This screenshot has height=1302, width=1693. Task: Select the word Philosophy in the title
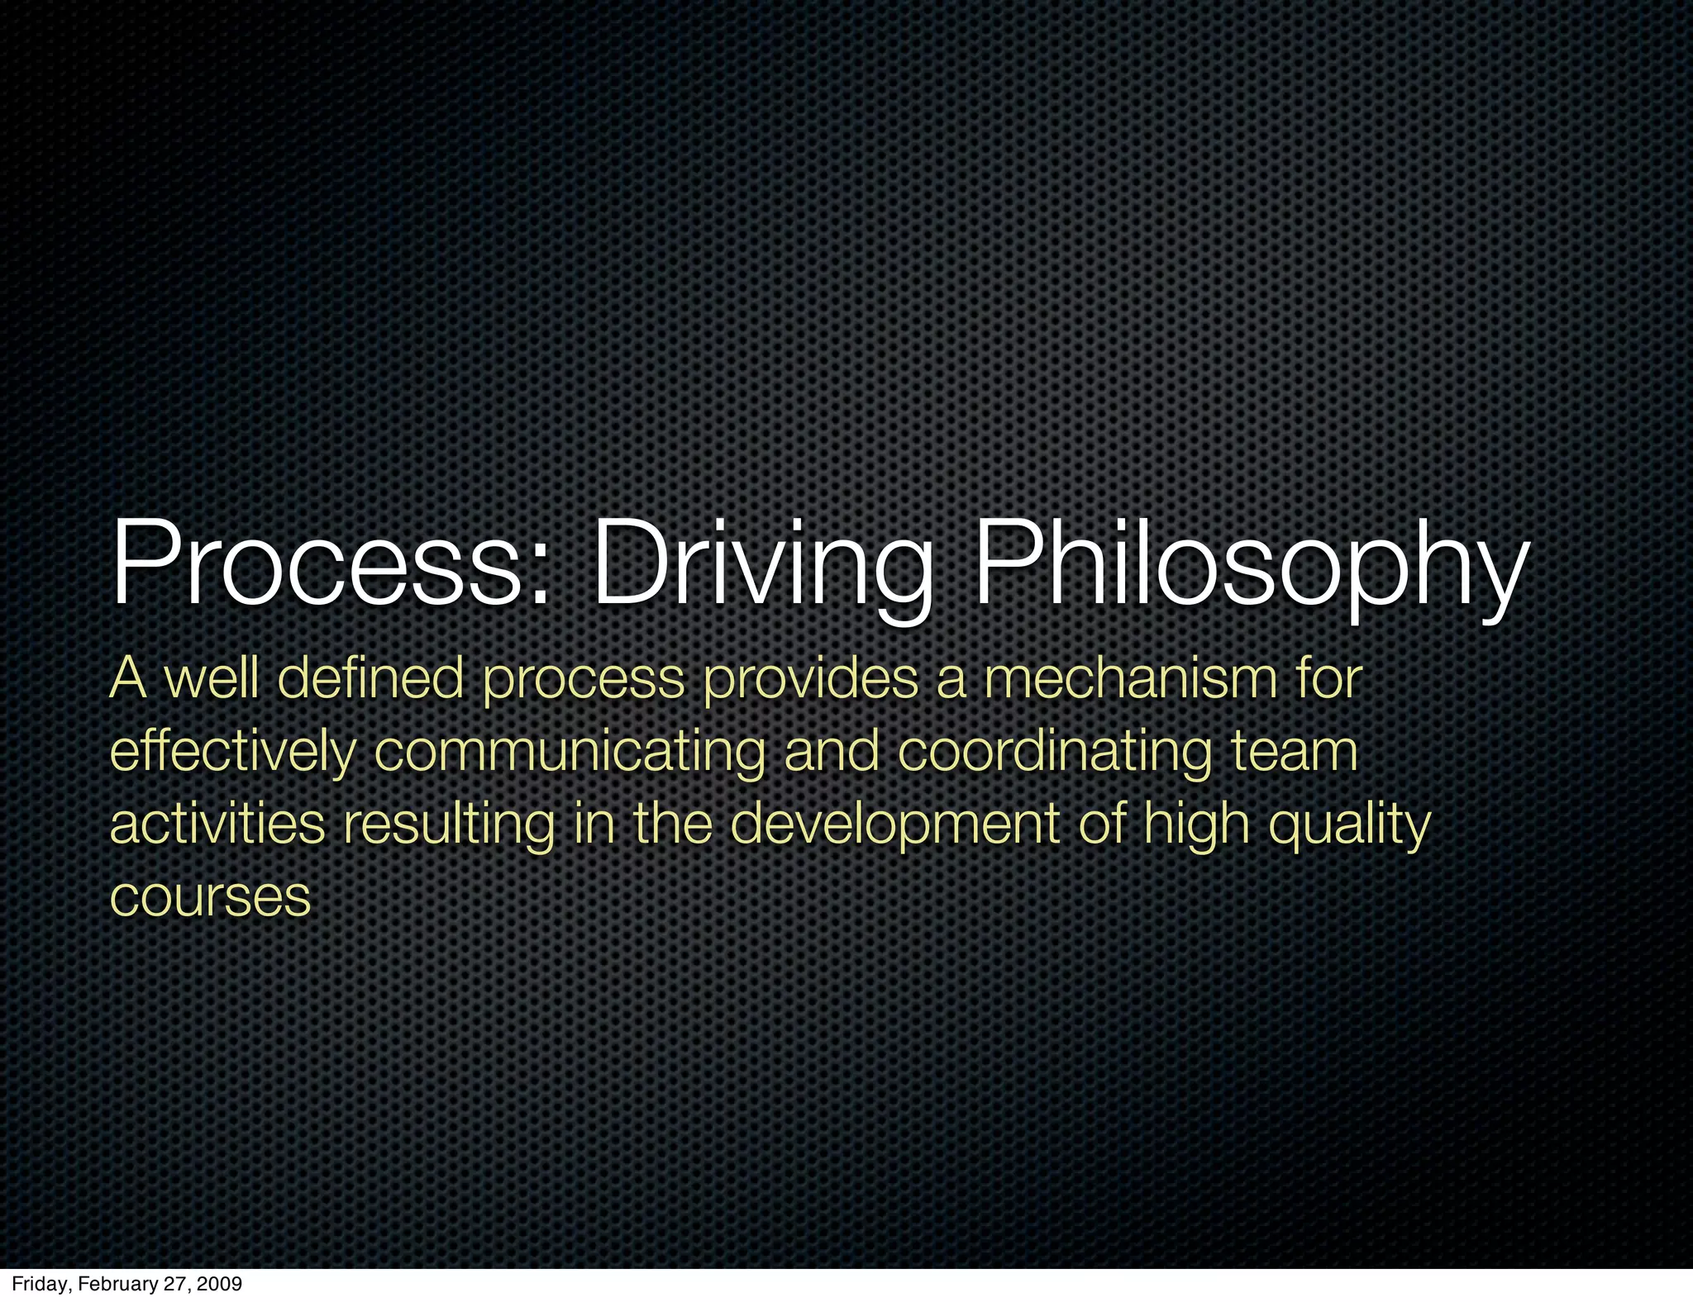pyautogui.click(x=1248, y=564)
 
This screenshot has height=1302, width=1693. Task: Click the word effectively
pyautogui.click(x=232, y=752)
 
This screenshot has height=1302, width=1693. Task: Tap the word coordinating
pyautogui.click(x=1054, y=752)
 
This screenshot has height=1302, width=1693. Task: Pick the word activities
pyautogui.click(x=217, y=824)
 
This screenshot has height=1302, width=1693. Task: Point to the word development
pyautogui.click(x=894, y=824)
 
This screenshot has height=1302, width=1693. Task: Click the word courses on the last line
pyautogui.click(x=210, y=897)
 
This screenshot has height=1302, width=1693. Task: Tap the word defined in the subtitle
pyautogui.click(x=370, y=679)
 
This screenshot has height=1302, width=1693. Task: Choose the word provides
pyautogui.click(x=810, y=679)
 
